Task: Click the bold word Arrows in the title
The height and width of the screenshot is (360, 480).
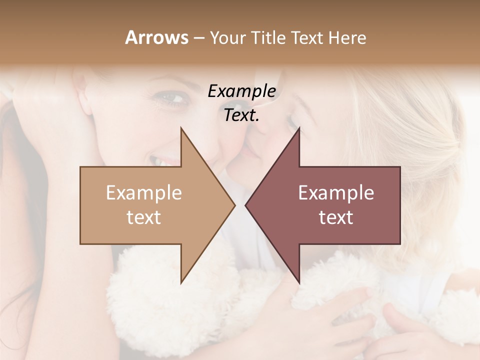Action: point(156,37)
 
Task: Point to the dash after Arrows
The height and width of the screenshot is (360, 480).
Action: point(198,38)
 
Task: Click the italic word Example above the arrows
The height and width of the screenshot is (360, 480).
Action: point(241,91)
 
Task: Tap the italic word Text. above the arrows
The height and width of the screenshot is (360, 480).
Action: point(241,115)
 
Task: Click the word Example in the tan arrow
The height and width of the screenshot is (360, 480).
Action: point(143,193)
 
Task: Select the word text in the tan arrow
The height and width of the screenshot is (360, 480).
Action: point(143,217)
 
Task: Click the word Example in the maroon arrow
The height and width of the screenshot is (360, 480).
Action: point(336,193)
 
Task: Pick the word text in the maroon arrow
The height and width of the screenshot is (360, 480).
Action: point(336,217)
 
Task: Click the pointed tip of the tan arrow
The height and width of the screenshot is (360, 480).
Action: point(234,205)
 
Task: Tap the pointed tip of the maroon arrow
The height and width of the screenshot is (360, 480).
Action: point(246,205)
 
